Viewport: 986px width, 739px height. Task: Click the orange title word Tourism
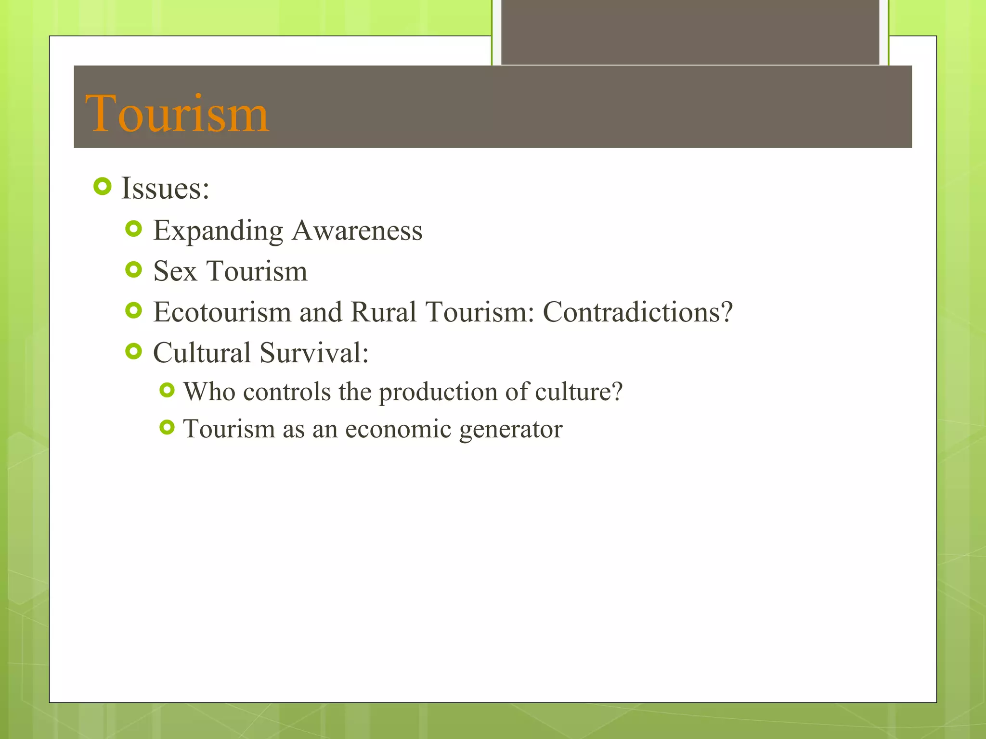tap(177, 114)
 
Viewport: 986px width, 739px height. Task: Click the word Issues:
tap(165, 188)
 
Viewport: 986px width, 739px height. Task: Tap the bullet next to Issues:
tap(103, 186)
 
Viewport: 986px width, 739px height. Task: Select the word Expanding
tap(218, 231)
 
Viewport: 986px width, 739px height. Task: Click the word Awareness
tap(357, 231)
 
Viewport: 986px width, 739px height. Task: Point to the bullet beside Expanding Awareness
tap(133, 229)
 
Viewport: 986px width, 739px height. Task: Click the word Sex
tap(175, 271)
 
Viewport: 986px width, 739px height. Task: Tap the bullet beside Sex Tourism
tap(133, 269)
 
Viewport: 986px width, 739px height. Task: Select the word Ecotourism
tap(222, 312)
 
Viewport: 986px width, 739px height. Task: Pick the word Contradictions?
tap(637, 312)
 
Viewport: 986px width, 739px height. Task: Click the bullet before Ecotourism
tap(133, 310)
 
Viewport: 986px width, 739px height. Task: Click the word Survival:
tap(314, 353)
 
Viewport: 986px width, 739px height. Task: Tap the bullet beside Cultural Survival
tap(133, 351)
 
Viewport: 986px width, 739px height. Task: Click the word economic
tap(398, 429)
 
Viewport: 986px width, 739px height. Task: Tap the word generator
tap(511, 430)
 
